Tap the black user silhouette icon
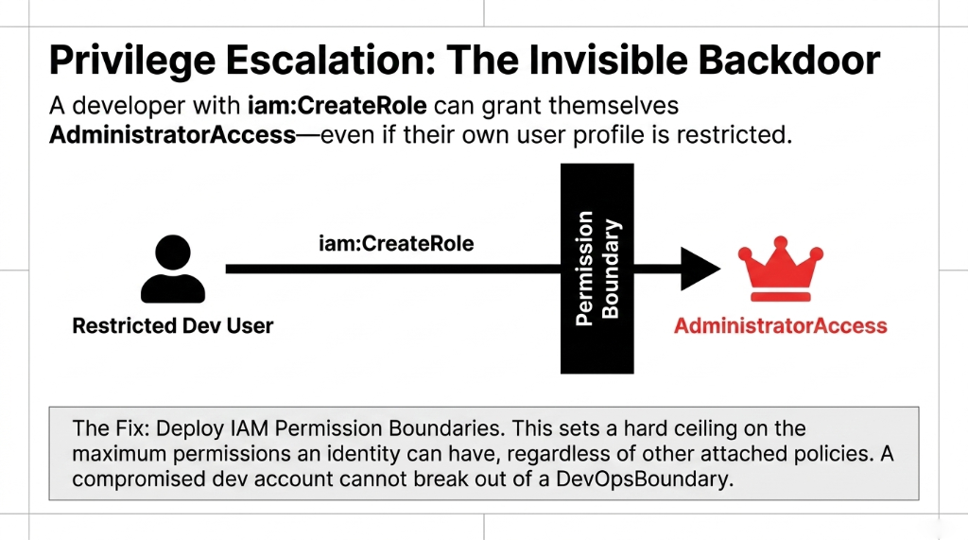[172, 270]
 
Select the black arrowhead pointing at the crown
[700, 270]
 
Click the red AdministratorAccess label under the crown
[780, 326]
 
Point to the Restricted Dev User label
[173, 326]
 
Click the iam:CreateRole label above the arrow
[397, 244]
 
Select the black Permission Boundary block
[596, 269]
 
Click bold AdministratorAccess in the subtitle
[172, 134]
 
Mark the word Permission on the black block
[585, 269]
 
